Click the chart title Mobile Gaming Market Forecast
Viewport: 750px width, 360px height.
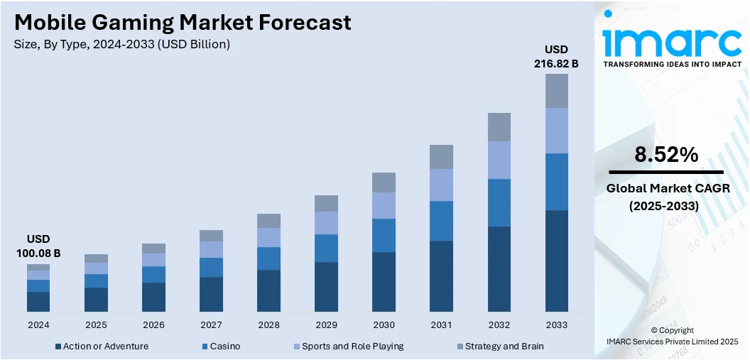pyautogui.click(x=183, y=23)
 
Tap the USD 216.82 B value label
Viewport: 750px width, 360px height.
pyautogui.click(x=556, y=56)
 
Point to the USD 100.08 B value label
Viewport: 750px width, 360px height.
pyautogui.click(x=38, y=246)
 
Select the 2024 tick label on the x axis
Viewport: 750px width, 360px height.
pyautogui.click(x=38, y=324)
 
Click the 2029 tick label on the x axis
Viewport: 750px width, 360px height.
pyautogui.click(x=326, y=324)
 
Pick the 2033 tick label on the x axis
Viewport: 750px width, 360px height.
pyautogui.click(x=556, y=324)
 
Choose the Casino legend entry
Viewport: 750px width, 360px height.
pyautogui.click(x=224, y=347)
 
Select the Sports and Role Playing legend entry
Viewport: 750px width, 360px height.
pyautogui.click(x=352, y=347)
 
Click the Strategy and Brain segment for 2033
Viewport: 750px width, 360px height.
pyautogui.click(x=556, y=90)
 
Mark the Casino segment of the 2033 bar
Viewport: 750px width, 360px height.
pyautogui.click(x=556, y=182)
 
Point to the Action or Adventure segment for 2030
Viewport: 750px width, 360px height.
pyautogui.click(x=384, y=281)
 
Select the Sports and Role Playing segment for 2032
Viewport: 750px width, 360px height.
pyautogui.click(x=499, y=160)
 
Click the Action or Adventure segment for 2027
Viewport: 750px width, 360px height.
pyautogui.click(x=211, y=294)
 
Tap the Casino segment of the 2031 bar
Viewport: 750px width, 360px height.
pyautogui.click(x=441, y=221)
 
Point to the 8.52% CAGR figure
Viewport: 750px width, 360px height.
pyautogui.click(x=667, y=155)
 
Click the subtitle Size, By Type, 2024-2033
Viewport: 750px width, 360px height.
pyautogui.click(x=121, y=45)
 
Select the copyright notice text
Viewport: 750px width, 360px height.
pyautogui.click(x=672, y=336)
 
